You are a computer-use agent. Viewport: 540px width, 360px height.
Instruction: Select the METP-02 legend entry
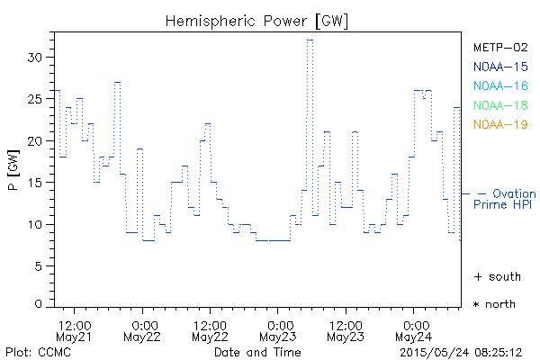point(500,47)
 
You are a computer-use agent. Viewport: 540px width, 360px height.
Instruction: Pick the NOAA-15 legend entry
point(500,66)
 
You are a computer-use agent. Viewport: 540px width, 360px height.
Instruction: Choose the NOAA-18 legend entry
point(500,105)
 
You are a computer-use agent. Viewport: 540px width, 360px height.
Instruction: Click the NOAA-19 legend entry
point(500,124)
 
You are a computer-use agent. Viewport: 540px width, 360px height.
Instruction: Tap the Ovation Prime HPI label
point(506,199)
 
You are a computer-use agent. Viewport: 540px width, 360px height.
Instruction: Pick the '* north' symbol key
point(495,304)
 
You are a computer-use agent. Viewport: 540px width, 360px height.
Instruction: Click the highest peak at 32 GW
point(310,40)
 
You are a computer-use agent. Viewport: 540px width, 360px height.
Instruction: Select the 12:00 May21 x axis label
point(74,329)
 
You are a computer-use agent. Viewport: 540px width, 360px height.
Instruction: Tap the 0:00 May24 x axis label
point(413,329)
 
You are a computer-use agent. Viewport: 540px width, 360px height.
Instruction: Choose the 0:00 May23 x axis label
point(277,329)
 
